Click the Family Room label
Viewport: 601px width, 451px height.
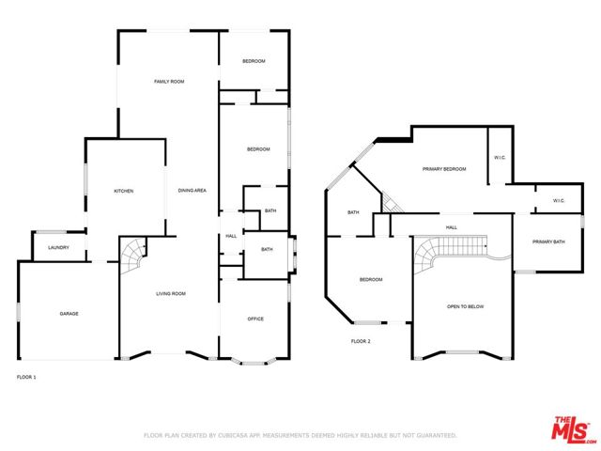(x=169, y=83)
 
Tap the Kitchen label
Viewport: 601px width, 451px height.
(x=124, y=191)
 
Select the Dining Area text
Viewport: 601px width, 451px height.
(x=193, y=191)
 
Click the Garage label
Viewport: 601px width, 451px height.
(x=69, y=314)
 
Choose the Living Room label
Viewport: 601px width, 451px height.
(x=170, y=294)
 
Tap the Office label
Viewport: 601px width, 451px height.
(x=255, y=319)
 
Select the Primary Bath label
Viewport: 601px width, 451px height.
(x=548, y=242)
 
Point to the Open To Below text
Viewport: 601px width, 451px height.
(x=465, y=307)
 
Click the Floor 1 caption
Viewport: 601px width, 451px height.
(x=26, y=377)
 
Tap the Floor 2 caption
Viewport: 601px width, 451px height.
(x=361, y=341)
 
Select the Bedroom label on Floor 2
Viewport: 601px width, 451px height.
(x=371, y=280)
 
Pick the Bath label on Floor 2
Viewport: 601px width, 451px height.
(x=353, y=212)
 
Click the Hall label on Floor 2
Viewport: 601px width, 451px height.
(x=452, y=227)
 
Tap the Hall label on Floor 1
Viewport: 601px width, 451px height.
(x=231, y=236)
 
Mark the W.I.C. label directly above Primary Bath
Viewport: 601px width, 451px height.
(x=558, y=200)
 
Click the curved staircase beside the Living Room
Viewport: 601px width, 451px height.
(x=134, y=254)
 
